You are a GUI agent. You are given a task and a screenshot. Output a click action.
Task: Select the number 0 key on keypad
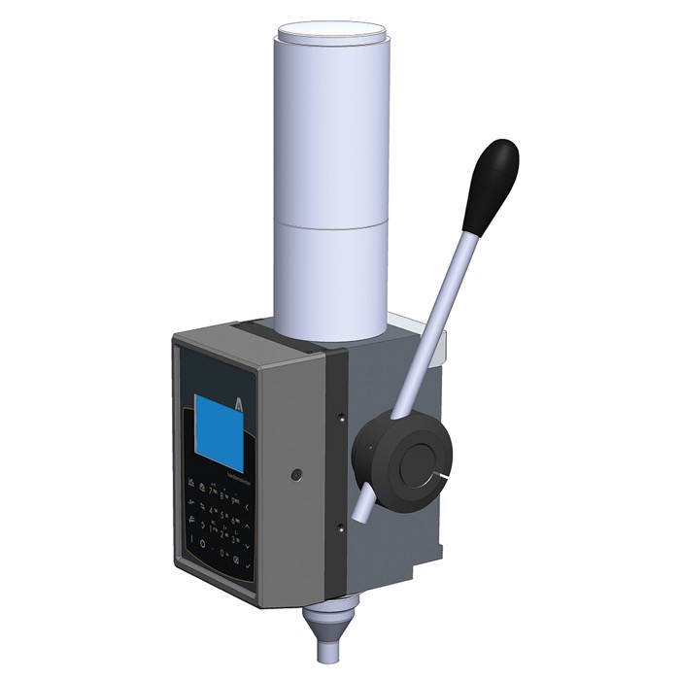pyautogui.click(x=223, y=553)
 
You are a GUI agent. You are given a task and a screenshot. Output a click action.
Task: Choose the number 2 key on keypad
pyautogui.click(x=223, y=533)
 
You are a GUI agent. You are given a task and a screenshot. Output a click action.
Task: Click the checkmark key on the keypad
pyautogui.click(x=249, y=565)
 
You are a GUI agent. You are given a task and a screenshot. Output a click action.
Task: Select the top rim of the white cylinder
pyautogui.click(x=332, y=31)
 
